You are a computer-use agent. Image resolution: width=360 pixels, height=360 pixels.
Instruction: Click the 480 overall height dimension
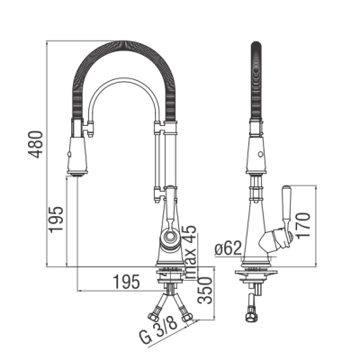36,144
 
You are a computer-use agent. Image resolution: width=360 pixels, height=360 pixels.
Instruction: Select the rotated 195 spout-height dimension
57,220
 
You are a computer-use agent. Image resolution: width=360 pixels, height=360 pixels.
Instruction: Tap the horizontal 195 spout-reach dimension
126,282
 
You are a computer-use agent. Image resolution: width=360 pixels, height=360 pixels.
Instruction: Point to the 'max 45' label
190,252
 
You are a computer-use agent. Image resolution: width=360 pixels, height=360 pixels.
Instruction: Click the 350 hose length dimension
206,291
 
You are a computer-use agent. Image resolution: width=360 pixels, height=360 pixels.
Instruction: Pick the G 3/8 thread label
158,331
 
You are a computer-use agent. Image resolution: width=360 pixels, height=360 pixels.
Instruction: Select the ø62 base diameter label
229,248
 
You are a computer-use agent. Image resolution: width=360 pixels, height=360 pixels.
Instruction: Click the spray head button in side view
260,155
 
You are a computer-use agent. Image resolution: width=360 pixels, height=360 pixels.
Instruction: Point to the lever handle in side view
286,207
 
